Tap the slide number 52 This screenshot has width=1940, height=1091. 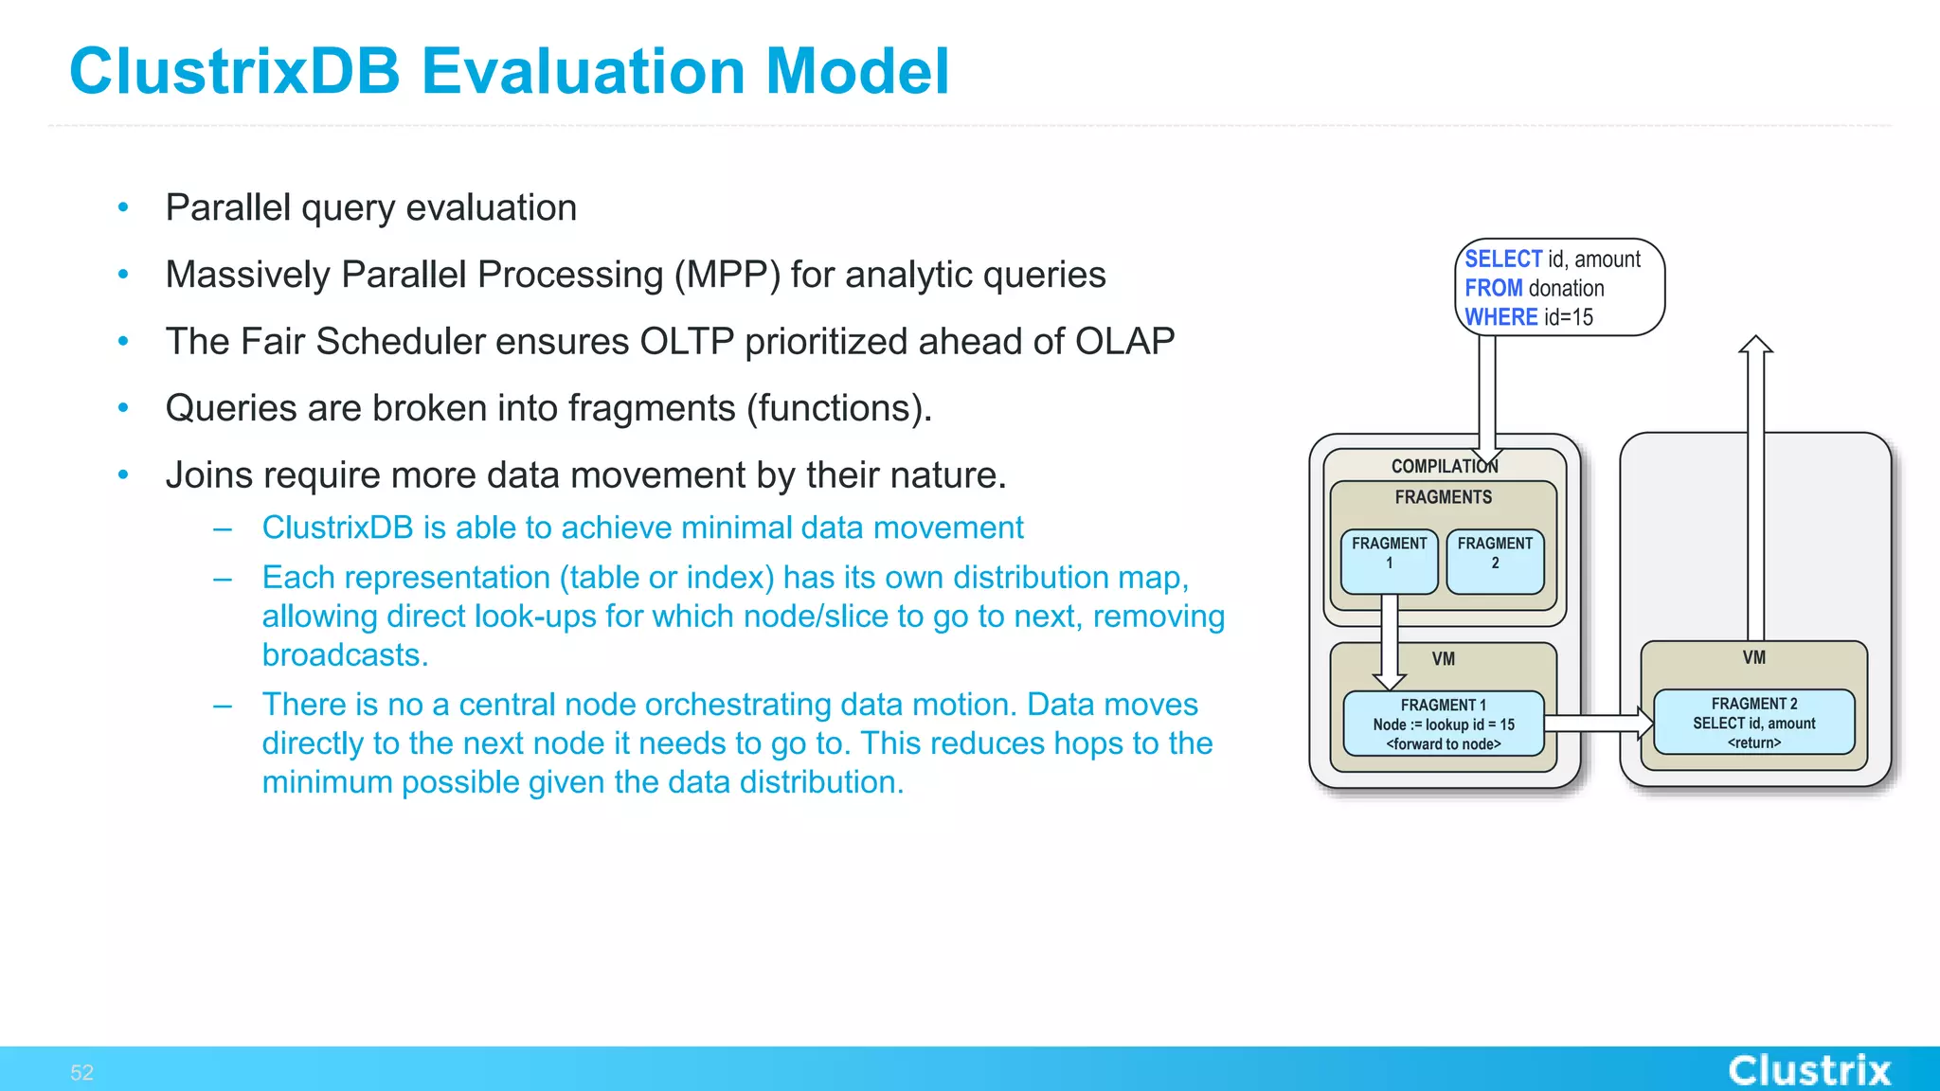[81, 1072]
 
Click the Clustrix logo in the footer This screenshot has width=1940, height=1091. [1808, 1070]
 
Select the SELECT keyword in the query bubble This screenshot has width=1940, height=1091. [1502, 259]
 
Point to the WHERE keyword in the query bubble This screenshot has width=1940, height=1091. [1500, 317]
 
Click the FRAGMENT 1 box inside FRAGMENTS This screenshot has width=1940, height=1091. [1389, 562]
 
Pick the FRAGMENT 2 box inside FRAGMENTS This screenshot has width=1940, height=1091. [1495, 562]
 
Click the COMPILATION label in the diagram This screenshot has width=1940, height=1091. [1443, 466]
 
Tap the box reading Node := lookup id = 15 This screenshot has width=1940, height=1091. [1443, 724]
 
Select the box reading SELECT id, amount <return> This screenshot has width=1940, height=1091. [1753, 723]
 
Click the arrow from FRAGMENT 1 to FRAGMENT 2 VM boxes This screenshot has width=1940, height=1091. [1599, 724]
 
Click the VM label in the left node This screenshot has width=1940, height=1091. [1443, 659]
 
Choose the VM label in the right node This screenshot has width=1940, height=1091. [1753, 657]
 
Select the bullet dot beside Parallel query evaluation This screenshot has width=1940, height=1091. [123, 207]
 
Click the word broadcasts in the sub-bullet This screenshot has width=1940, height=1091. [345, 655]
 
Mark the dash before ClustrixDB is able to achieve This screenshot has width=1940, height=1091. [223, 528]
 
